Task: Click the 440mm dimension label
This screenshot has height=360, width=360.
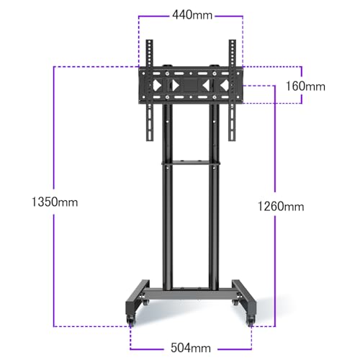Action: tap(192, 15)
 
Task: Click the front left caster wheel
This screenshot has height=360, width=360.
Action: tap(132, 317)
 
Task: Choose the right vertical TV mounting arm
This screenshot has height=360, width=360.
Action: tap(232, 86)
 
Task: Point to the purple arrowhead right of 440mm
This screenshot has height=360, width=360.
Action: tap(243, 15)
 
